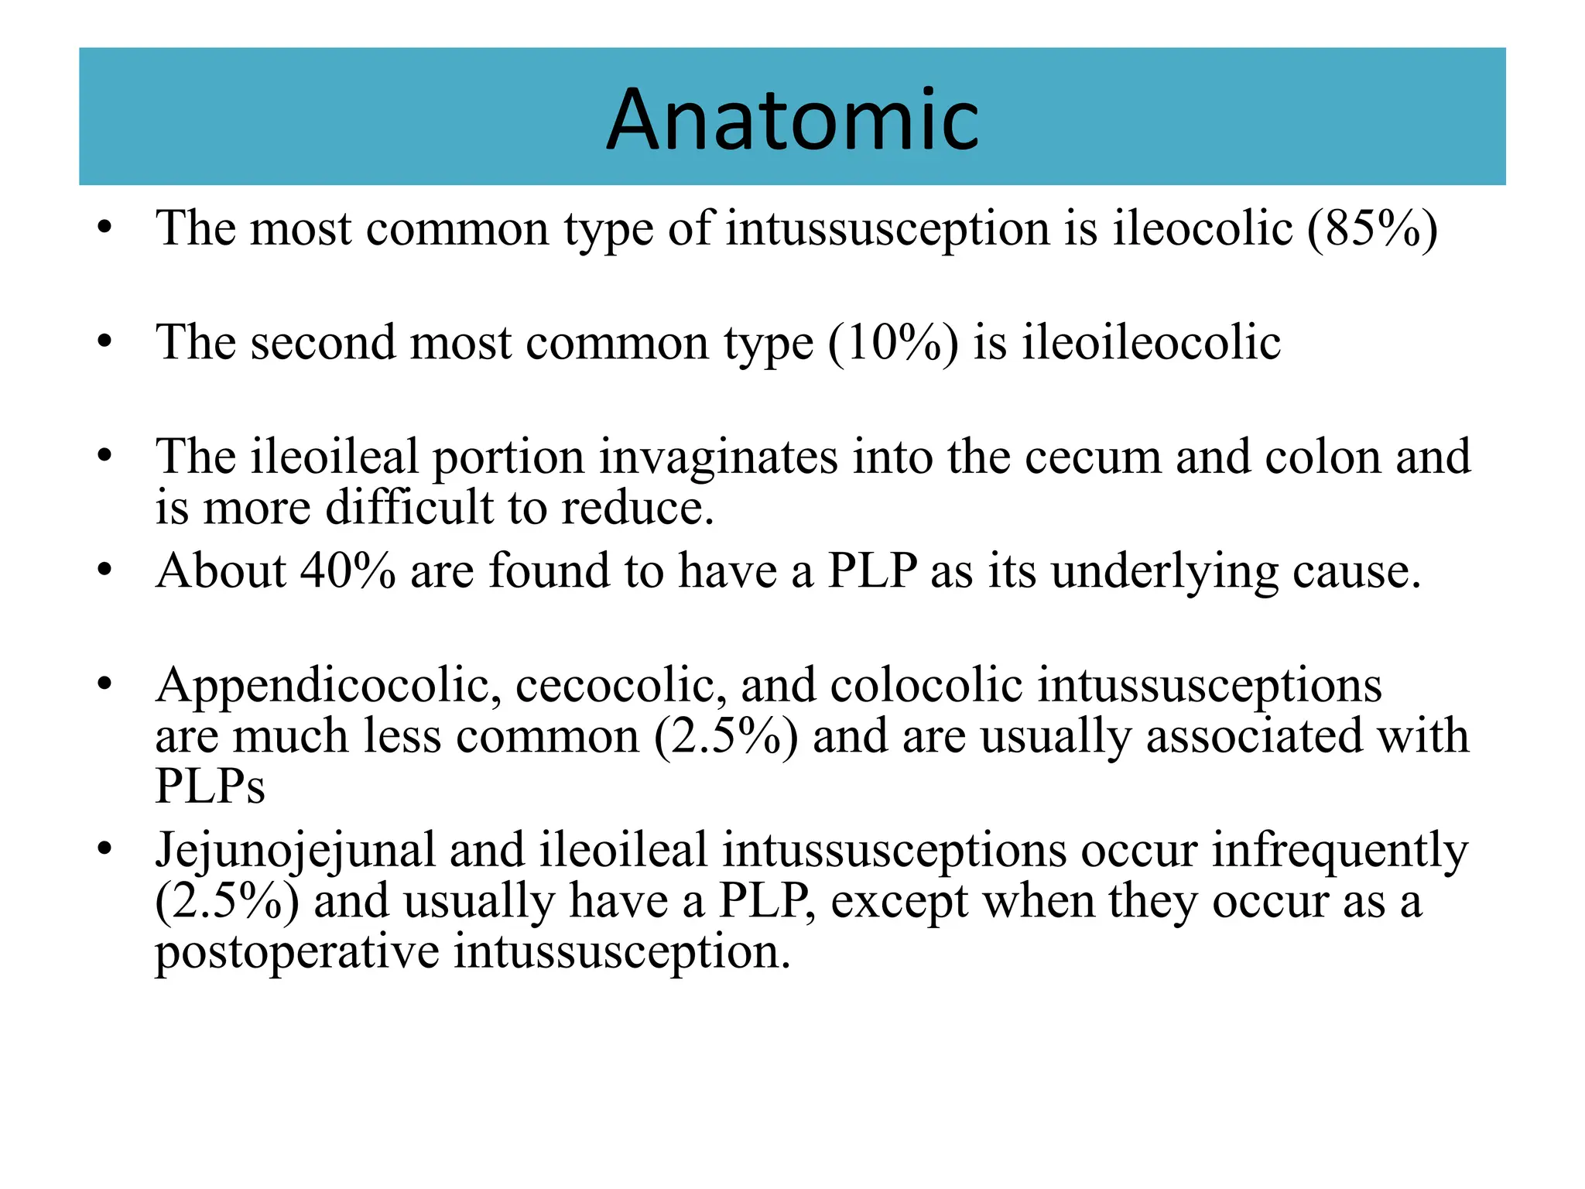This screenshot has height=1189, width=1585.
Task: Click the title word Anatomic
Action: (x=792, y=120)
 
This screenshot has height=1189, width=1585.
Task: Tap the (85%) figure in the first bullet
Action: (x=1372, y=229)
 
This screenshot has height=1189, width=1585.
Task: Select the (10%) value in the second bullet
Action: (x=892, y=343)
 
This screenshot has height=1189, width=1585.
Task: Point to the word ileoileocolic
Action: (x=1151, y=343)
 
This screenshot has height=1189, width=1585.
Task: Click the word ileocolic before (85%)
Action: (x=1203, y=229)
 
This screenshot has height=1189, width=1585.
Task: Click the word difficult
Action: (x=409, y=508)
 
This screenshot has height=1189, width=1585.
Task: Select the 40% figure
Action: (x=347, y=571)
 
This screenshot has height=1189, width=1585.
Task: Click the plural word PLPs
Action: (x=210, y=786)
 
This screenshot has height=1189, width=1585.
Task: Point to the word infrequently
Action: (x=1340, y=850)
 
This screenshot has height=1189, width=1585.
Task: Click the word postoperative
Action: (x=297, y=952)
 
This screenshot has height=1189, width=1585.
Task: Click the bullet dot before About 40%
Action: (x=105, y=571)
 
